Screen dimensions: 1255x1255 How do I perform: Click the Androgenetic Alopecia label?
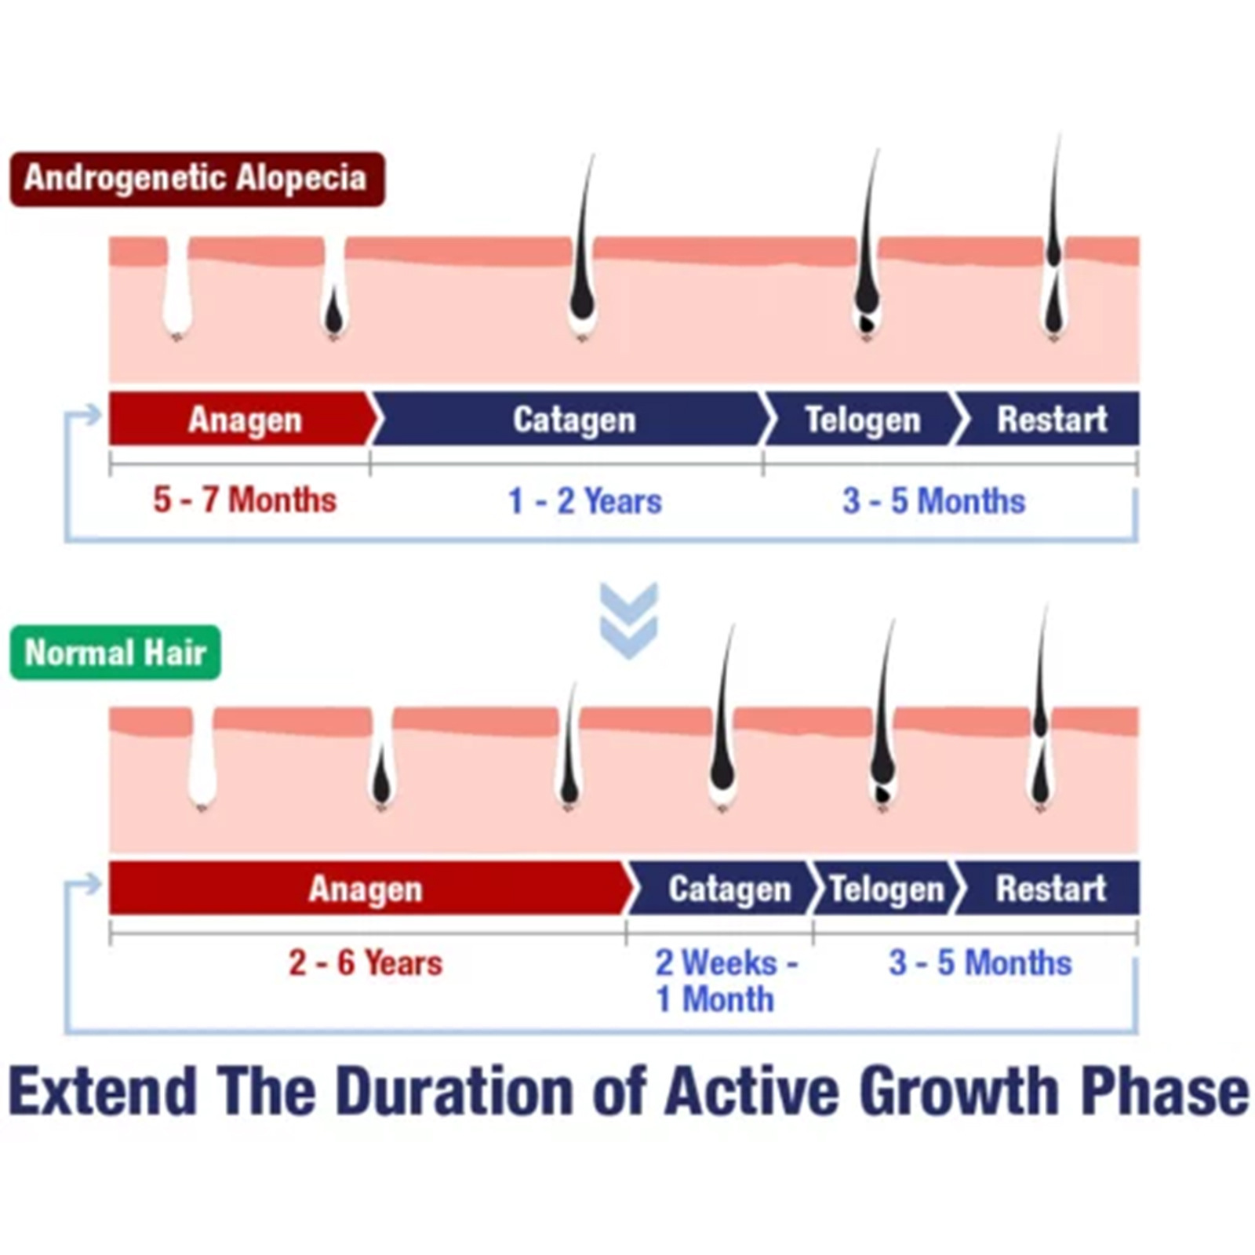pyautogui.click(x=197, y=179)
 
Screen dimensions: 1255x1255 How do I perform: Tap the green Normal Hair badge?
pyautogui.click(x=115, y=653)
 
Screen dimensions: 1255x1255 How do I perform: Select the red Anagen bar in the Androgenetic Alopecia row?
pyautogui.click(x=243, y=419)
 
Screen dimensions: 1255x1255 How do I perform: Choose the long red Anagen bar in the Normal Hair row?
pyautogui.click(x=369, y=888)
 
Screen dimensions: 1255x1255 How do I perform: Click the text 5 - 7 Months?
pyautogui.click(x=245, y=500)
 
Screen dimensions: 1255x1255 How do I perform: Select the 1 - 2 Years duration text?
pyautogui.click(x=585, y=500)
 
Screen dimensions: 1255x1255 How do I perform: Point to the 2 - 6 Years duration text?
pyautogui.click(x=366, y=962)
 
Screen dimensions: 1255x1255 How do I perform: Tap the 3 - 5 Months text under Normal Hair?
pyautogui.click(x=980, y=962)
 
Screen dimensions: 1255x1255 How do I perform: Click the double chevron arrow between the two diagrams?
pyautogui.click(x=628, y=620)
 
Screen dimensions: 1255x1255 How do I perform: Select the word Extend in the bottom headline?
pyautogui.click(x=102, y=1091)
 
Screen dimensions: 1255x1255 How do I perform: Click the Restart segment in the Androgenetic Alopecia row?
pyautogui.click(x=1049, y=419)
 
